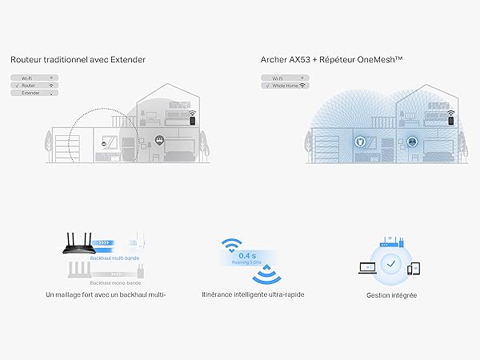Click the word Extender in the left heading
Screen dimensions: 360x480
[129, 59]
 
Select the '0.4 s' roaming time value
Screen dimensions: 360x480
[246, 255]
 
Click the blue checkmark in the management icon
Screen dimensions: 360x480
[390, 262]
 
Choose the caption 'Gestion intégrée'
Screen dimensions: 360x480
[390, 295]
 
